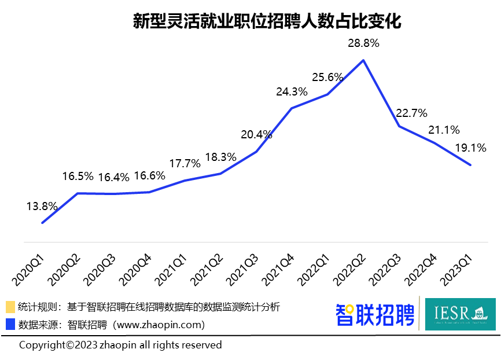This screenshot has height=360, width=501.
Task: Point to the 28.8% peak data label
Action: pos(363,43)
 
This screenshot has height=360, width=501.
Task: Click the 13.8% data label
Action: pos(42,205)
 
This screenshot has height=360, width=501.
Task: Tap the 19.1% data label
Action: pos(470,148)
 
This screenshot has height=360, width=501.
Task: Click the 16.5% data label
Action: pos(78,176)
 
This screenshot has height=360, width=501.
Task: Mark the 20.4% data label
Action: pos(256,135)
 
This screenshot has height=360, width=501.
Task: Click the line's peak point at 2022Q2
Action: pos(363,60)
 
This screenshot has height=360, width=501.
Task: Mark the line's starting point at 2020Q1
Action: pos(42,223)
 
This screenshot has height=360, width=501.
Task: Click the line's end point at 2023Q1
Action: pos(471,165)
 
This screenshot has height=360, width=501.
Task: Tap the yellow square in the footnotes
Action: pos(10,307)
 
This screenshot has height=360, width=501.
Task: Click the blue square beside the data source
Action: pos(10,324)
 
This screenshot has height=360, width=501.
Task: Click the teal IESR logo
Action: pos(460,314)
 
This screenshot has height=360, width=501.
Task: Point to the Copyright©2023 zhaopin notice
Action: pos(120,345)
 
